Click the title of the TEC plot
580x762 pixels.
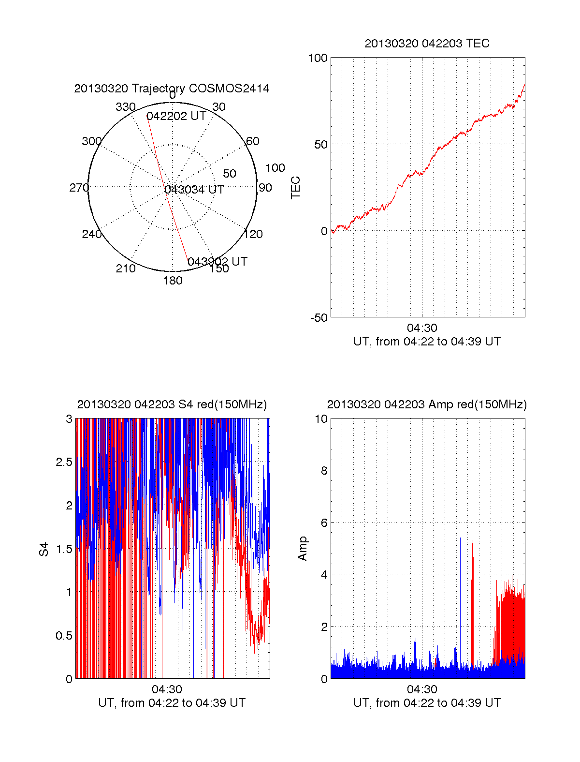(427, 44)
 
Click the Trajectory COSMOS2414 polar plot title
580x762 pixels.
(172, 89)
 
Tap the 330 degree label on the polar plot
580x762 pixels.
(125, 107)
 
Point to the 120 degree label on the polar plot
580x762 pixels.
(253, 235)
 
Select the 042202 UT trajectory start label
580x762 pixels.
(176, 116)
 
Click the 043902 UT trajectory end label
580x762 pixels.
(217, 262)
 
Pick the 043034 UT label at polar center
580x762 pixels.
(194, 190)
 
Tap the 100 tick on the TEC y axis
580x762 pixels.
(318, 58)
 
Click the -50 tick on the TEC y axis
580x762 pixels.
(319, 318)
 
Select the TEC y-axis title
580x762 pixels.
(295, 187)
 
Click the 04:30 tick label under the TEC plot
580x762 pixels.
(422, 328)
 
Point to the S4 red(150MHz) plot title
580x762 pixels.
(172, 404)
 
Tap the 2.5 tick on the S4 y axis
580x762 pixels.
(64, 462)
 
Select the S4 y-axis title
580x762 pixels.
(44, 549)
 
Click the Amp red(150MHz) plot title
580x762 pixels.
(427, 404)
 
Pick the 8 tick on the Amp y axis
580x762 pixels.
(324, 471)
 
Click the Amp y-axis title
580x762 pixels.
(303, 549)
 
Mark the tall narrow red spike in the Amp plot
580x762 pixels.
(473, 595)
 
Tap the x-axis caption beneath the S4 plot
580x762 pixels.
(172, 703)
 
